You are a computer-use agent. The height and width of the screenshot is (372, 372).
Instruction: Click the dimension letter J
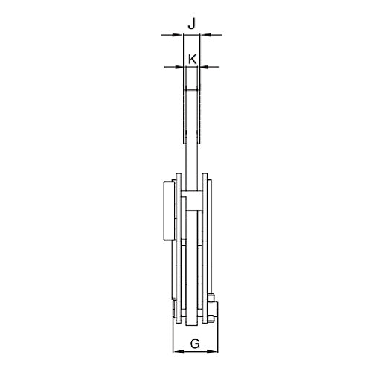(x=191, y=25)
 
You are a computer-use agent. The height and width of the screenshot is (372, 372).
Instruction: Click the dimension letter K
(x=193, y=60)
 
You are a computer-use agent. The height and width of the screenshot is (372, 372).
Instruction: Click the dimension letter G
(x=195, y=344)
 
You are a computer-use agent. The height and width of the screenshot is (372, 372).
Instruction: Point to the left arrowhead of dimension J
(x=178, y=35)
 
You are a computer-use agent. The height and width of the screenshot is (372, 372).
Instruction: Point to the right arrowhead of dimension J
(x=205, y=35)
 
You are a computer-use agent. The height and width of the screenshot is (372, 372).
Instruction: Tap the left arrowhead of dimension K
(x=180, y=67)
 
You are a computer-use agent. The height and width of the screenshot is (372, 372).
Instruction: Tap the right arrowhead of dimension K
(x=203, y=67)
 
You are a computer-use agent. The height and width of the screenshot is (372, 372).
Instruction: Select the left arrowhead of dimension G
(x=179, y=351)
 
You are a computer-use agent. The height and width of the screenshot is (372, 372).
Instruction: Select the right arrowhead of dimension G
(x=212, y=351)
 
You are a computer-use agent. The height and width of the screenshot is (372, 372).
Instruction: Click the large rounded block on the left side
(x=170, y=211)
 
